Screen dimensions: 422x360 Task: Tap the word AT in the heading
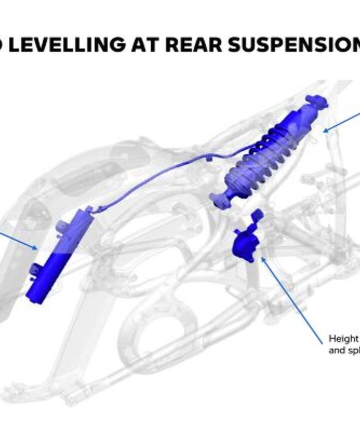coord(145,45)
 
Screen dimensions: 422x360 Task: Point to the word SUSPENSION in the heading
coord(295,45)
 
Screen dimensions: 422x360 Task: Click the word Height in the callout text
coord(343,339)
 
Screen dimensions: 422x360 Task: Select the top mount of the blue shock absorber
coord(315,102)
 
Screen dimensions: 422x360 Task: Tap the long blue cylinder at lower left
coord(59,255)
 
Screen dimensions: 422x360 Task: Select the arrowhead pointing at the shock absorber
coord(325,131)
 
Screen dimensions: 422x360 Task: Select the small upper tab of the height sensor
coord(257,215)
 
